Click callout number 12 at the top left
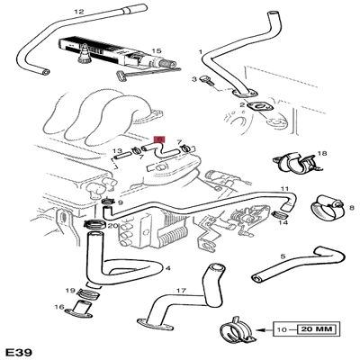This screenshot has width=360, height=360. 77,12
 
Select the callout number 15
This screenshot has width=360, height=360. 156,52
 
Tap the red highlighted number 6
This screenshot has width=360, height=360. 160,139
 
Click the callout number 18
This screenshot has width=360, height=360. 321,154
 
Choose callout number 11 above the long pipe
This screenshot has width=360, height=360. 283,190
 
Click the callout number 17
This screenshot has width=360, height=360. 180,291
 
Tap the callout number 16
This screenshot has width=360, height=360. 59,308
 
